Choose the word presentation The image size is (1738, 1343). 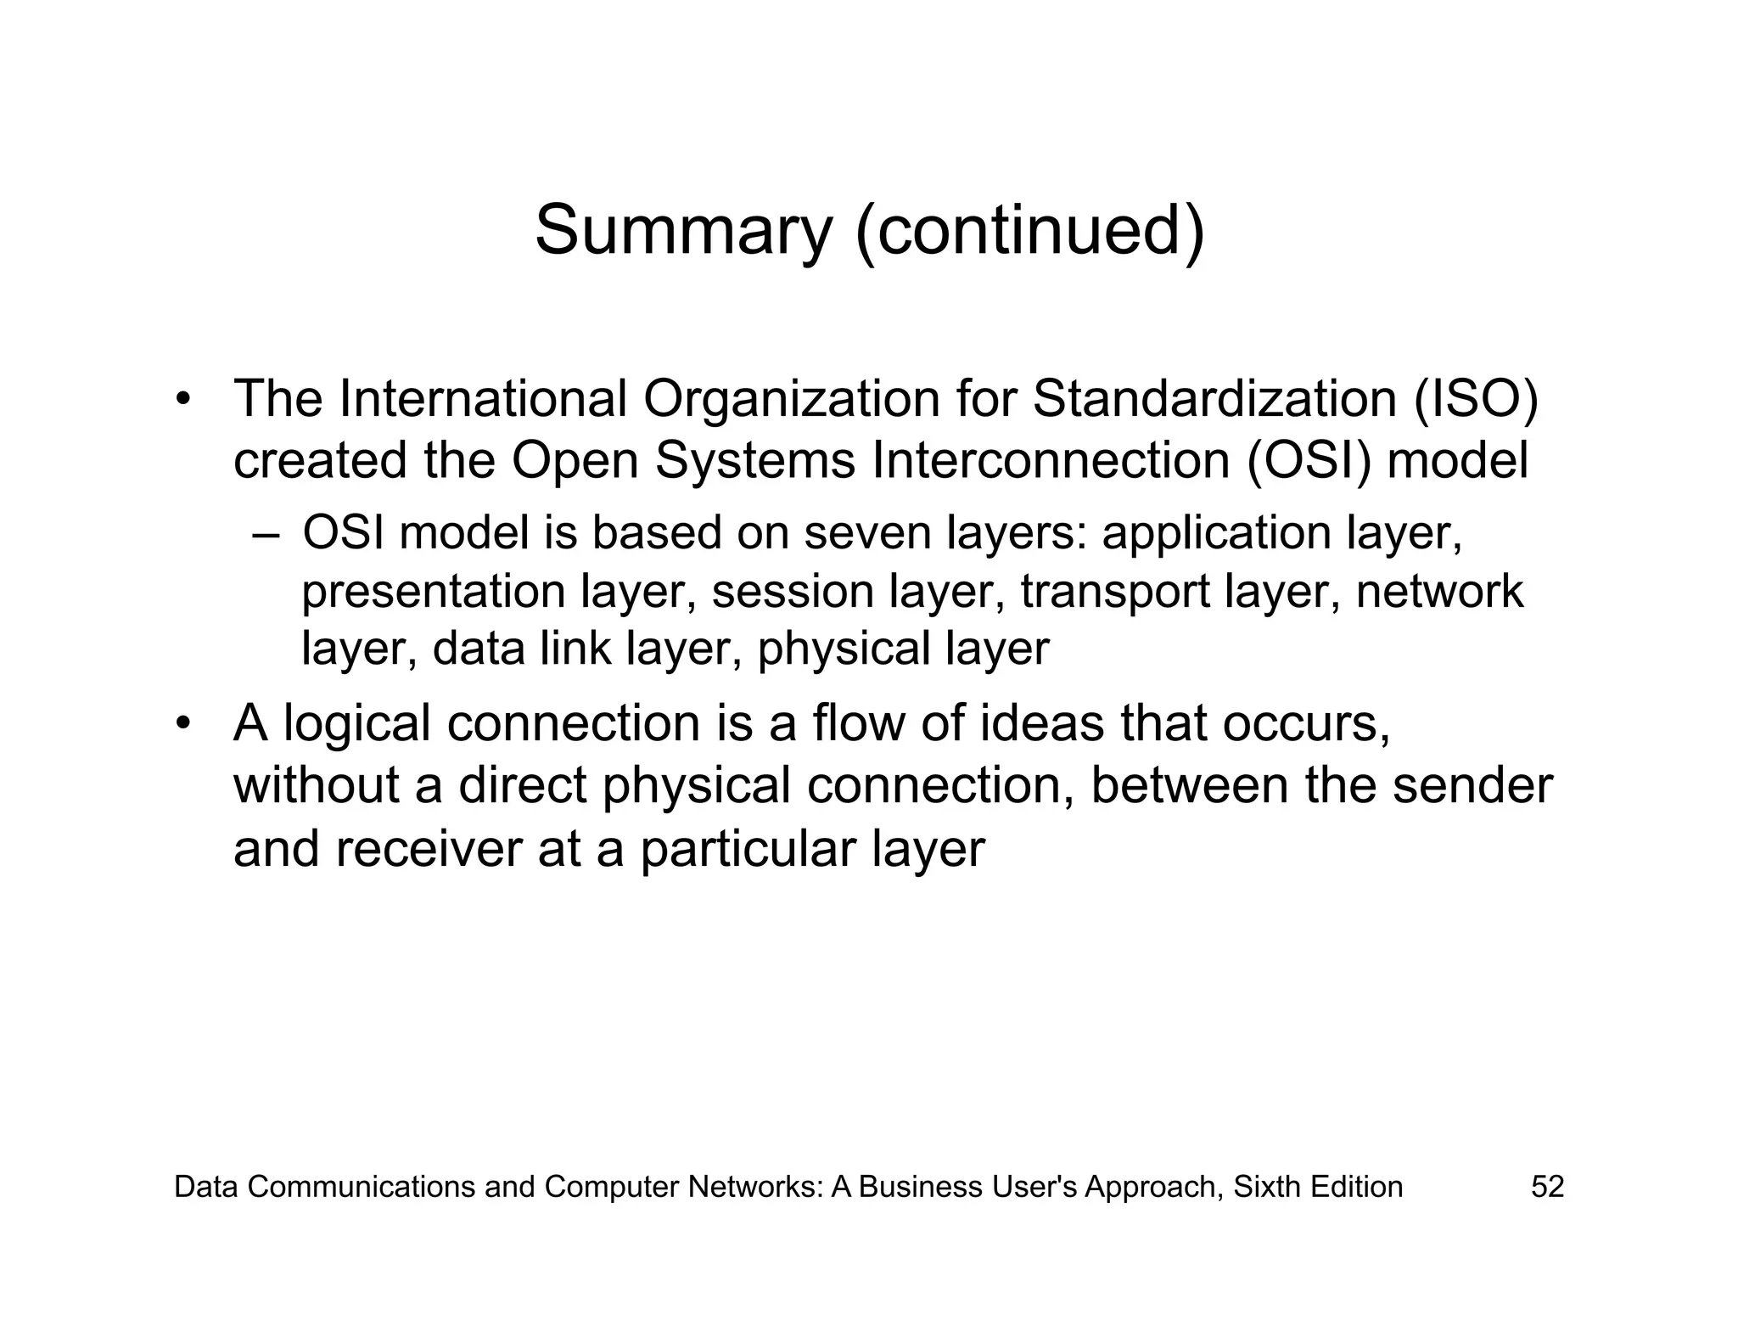[x=434, y=592]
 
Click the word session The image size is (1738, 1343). [x=793, y=592]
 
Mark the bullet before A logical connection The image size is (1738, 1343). [x=182, y=724]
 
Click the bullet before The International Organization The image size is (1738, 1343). [x=182, y=399]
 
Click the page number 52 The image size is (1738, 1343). [x=1546, y=1187]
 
